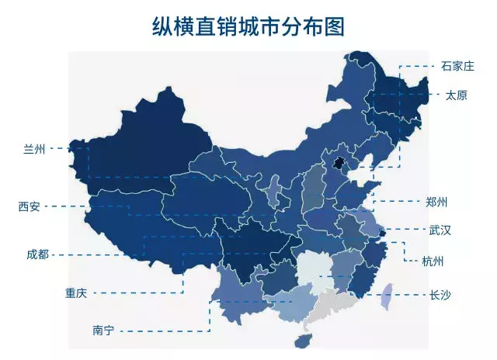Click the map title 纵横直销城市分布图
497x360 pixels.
(248, 26)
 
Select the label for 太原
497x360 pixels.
(457, 95)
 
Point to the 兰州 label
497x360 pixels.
(35, 148)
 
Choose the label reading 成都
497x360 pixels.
(36, 254)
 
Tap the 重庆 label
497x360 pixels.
(75, 292)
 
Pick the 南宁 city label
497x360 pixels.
(103, 330)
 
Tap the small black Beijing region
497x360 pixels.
(338, 161)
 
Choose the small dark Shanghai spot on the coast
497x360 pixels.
(381, 230)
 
